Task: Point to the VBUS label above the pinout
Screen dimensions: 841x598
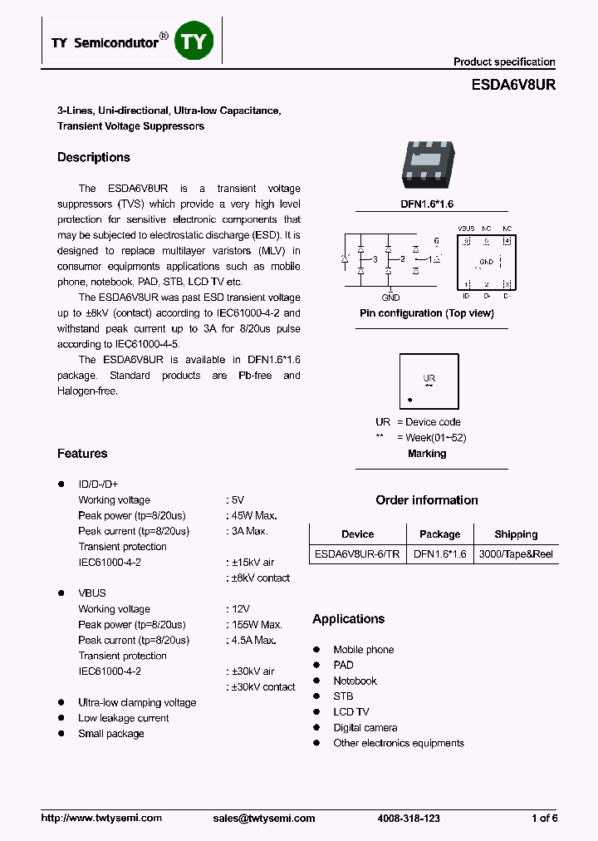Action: click(466, 229)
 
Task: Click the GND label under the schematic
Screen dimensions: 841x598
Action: click(390, 298)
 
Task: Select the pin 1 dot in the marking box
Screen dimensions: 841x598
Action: click(409, 401)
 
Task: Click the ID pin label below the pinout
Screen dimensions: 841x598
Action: click(466, 296)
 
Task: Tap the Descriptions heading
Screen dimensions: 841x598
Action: click(94, 158)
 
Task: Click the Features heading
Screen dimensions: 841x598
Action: click(82, 454)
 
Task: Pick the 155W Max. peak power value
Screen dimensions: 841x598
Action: click(254, 624)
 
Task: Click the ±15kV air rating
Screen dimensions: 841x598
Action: click(250, 563)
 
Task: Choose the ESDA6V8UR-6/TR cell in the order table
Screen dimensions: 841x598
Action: click(357, 554)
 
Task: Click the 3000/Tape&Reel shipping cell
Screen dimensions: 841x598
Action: click(516, 554)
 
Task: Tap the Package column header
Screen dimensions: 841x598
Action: click(439, 534)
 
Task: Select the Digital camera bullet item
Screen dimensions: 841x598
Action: click(365, 728)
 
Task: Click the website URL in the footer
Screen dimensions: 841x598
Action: click(101, 819)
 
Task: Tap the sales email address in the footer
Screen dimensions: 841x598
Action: click(264, 819)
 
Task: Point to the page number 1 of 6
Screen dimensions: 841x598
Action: click(544, 819)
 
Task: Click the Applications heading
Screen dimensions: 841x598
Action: click(348, 619)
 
